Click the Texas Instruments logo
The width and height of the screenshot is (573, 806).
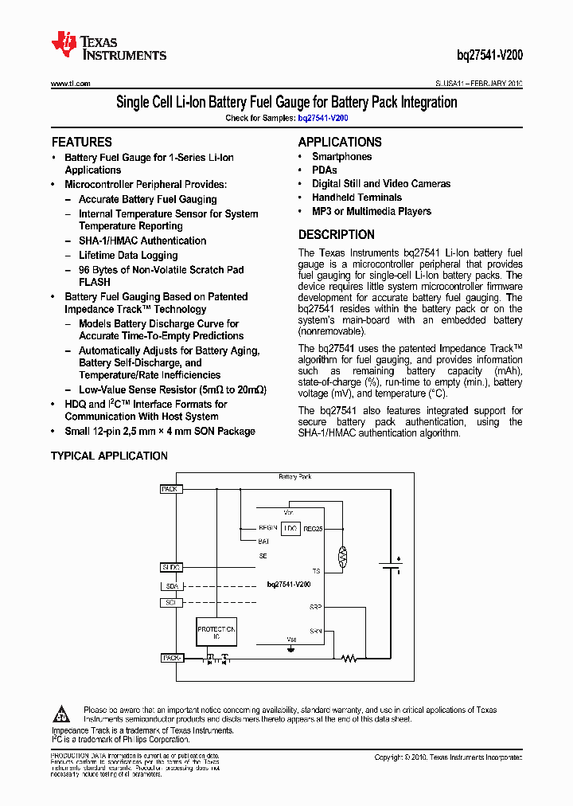pos(108,46)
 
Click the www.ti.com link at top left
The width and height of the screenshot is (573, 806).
pos(70,84)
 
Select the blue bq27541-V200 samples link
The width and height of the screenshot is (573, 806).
pos(323,118)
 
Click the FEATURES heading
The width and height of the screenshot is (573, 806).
pos(82,143)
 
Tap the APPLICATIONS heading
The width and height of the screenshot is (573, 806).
pos(340,143)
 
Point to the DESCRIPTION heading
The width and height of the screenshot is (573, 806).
pos(337,235)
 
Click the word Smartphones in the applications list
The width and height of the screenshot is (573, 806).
pos(341,157)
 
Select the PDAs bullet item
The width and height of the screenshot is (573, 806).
pos(324,170)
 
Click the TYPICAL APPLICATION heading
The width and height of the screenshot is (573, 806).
pos(109,456)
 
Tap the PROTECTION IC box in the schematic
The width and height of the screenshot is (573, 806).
pos(216,634)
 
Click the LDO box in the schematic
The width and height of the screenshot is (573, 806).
pos(290,528)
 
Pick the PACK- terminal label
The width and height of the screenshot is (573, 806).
pos(171,659)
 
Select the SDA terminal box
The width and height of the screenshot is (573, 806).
pos(171,586)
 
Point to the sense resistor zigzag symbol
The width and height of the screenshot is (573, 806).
pos(349,659)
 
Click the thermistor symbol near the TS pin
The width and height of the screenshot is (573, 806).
pos(344,556)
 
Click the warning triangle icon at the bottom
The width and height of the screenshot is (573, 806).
pos(65,713)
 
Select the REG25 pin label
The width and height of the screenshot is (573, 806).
pos(313,528)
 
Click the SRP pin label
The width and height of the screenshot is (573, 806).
pos(316,607)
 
